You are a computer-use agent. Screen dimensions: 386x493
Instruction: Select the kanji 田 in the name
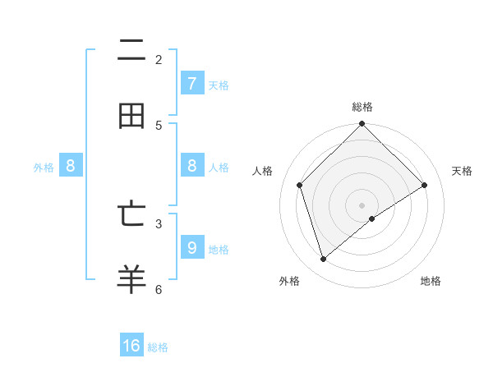131,117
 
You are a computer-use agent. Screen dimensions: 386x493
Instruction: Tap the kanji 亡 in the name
131,214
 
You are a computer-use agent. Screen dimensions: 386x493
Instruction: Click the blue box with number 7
191,84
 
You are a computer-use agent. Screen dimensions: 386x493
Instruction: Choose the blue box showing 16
131,346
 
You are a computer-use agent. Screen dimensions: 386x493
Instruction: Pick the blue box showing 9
191,247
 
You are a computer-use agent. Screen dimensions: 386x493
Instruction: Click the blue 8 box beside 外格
71,166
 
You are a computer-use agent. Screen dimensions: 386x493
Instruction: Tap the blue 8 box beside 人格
191,166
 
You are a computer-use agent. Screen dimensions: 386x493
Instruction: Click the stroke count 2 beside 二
159,60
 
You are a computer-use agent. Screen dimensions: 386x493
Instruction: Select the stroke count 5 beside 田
159,126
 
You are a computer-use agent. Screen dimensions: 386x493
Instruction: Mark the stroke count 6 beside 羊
159,289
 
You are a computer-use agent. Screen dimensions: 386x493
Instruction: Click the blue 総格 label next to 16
158,347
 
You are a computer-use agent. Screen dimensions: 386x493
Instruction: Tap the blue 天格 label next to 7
219,85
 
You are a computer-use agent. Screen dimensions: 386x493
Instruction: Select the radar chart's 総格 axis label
362,107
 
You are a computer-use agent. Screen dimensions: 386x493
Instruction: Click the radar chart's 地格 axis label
431,282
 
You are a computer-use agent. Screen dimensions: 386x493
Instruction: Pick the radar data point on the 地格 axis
372,218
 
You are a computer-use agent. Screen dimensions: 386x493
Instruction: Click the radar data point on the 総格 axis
362,125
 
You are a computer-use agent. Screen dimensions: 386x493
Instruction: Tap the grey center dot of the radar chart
362,204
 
